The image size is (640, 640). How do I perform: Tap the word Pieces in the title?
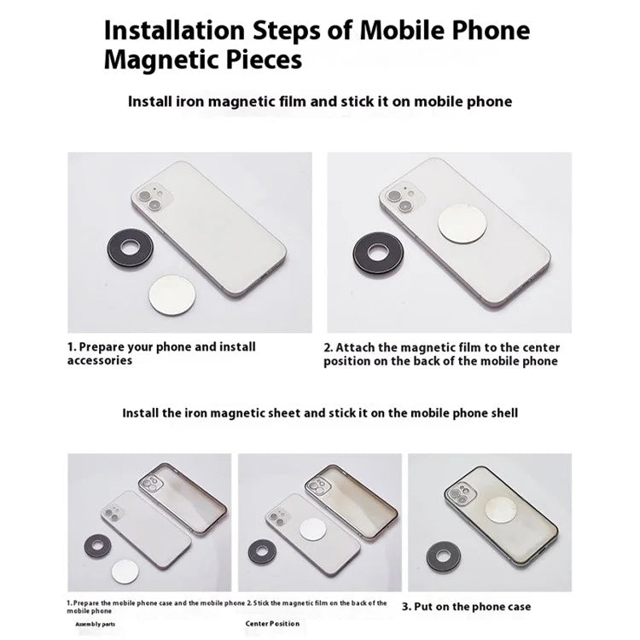[259, 61]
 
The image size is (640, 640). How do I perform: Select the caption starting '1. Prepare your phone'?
[161, 353]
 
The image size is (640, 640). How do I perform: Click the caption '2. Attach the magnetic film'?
[440, 354]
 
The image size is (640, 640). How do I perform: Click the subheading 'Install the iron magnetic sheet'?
[320, 412]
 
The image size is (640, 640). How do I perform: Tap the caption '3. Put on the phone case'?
[466, 607]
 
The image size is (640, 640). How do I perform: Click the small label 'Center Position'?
[272, 624]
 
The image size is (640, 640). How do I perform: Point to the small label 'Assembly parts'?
[94, 624]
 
